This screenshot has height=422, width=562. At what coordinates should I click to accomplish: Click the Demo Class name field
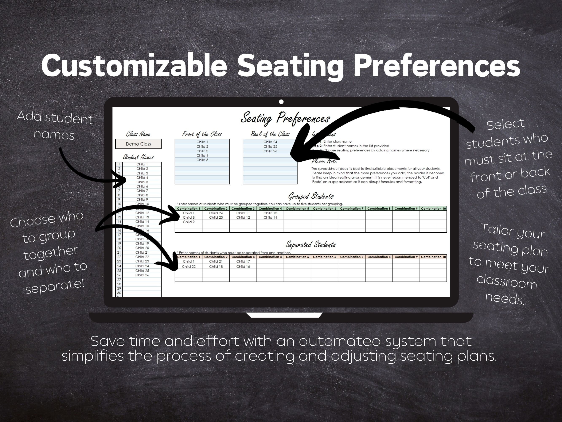pos(138,144)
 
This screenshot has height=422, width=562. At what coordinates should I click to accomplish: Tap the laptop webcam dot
pos(281,102)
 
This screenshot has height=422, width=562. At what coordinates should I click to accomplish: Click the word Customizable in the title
pos(134,66)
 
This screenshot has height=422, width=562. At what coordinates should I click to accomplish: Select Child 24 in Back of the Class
pos(270,142)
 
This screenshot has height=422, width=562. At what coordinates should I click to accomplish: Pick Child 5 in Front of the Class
pos(202,160)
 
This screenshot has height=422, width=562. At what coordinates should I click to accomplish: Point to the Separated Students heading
pos(311,245)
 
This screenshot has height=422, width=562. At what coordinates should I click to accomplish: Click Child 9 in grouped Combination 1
pos(188,222)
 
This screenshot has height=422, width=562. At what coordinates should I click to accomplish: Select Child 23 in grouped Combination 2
pos(216,218)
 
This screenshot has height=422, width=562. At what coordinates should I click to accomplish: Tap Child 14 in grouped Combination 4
pos(270,218)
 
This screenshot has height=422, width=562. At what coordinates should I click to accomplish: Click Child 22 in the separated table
pos(188,266)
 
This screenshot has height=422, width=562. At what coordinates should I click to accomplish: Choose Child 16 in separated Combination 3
pos(243,266)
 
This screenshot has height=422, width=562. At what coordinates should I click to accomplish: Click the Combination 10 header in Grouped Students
pos(433,209)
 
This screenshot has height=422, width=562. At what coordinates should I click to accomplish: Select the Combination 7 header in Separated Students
pos(352,257)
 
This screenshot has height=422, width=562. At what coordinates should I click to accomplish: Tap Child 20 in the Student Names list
pos(142,248)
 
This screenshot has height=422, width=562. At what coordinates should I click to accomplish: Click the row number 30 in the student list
pos(119,293)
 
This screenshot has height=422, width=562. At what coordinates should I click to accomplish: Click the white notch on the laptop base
pos(284,315)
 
